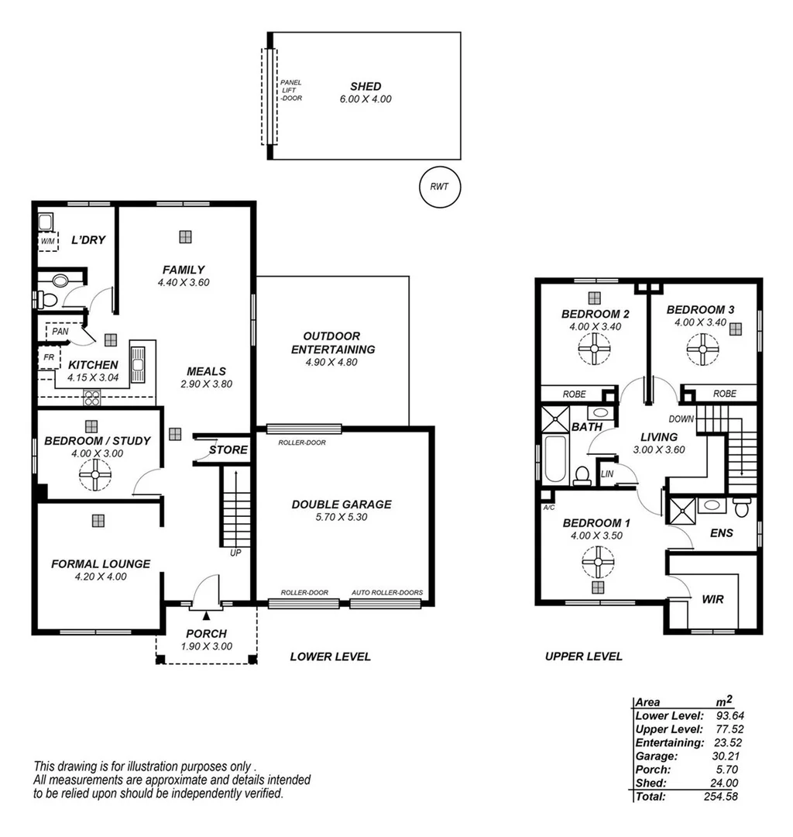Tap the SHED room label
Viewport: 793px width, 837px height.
(x=366, y=87)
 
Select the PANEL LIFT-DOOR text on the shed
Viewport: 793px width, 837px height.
(x=291, y=91)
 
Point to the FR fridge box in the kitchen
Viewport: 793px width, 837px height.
(x=48, y=359)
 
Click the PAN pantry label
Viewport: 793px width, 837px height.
(x=61, y=332)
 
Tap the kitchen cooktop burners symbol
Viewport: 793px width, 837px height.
(x=92, y=399)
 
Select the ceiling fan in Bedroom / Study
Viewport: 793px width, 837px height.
(x=95, y=474)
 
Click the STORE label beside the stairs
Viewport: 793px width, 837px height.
(x=228, y=450)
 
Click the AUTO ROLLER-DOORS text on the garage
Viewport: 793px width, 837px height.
(x=387, y=593)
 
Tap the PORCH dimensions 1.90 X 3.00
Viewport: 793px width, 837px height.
(x=206, y=646)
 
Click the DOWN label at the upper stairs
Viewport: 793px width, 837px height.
(x=686, y=419)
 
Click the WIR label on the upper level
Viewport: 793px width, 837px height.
(x=712, y=600)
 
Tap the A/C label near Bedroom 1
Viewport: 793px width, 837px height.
(x=550, y=508)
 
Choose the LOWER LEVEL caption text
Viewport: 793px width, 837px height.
(x=330, y=657)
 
